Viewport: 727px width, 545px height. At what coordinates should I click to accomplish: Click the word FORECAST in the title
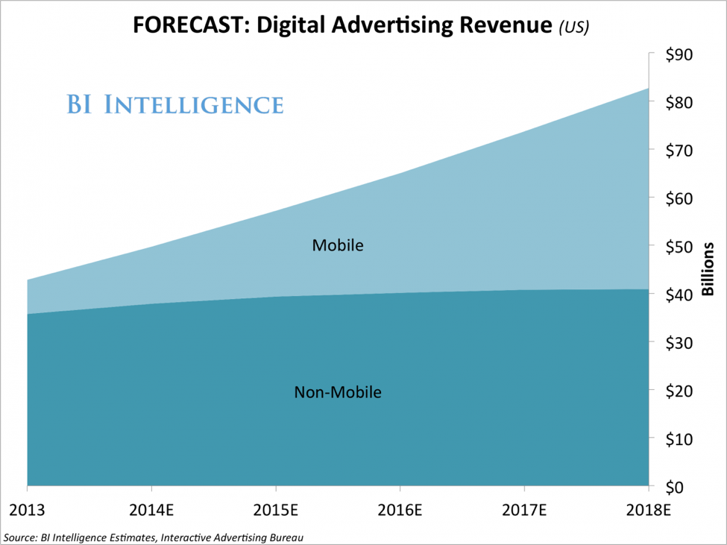[x=183, y=26]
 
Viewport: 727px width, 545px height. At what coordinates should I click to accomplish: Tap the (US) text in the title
[x=574, y=28]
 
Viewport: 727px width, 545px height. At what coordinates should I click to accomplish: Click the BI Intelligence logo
[x=175, y=104]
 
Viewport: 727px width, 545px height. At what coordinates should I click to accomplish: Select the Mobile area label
[x=338, y=245]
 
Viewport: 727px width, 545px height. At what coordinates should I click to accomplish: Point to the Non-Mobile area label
[x=338, y=392]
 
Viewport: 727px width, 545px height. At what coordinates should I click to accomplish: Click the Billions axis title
[x=708, y=268]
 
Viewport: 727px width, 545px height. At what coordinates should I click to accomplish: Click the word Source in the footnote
[x=19, y=536]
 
